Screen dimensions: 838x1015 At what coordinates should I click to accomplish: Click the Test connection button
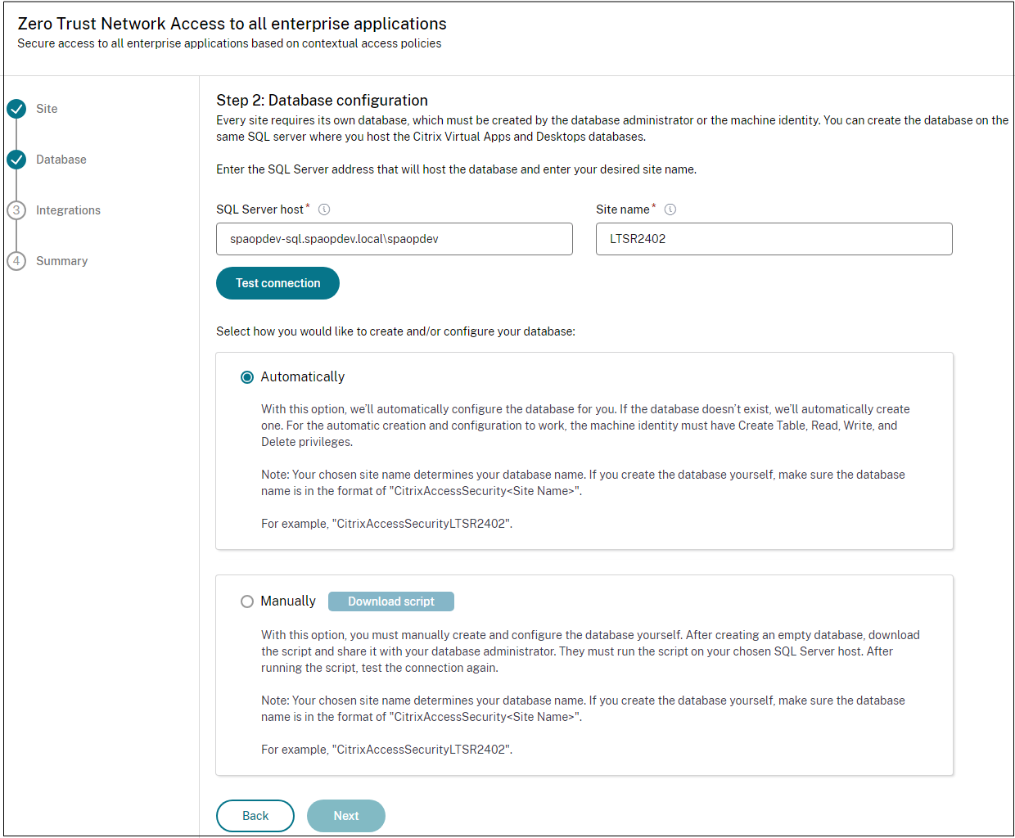(x=277, y=283)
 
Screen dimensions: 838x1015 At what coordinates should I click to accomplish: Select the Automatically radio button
(x=247, y=377)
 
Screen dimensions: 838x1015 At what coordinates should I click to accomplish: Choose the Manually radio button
(x=247, y=601)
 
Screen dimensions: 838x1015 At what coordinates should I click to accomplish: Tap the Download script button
(x=390, y=601)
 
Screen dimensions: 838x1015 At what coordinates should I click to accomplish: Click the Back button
(x=255, y=816)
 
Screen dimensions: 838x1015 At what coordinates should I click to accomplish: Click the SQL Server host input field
(x=394, y=239)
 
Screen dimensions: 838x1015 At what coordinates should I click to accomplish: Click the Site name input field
(x=774, y=239)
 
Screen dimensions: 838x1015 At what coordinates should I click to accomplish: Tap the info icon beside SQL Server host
(x=324, y=209)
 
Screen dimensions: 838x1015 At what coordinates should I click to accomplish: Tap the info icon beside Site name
(x=670, y=209)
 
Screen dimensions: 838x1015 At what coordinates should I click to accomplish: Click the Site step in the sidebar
(x=47, y=109)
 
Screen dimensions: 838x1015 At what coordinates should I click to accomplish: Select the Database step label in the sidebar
(x=61, y=160)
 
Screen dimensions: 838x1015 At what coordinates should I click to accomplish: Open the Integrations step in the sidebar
(x=68, y=210)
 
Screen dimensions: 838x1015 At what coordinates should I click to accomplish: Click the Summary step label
(x=61, y=261)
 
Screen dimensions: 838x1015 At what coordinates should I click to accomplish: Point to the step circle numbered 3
(x=16, y=210)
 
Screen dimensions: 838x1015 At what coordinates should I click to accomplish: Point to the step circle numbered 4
(x=16, y=261)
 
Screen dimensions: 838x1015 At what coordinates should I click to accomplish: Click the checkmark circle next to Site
(x=16, y=109)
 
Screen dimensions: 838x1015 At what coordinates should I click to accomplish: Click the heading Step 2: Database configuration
(x=322, y=100)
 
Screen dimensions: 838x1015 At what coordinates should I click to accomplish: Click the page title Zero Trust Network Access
(x=232, y=24)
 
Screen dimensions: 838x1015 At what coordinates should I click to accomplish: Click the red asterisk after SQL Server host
(x=308, y=206)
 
